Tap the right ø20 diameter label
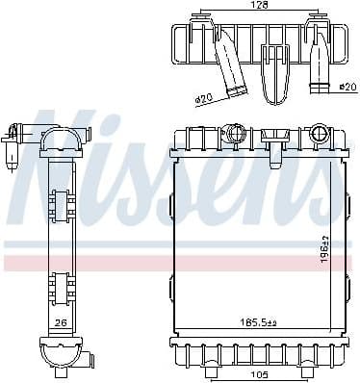[x=347, y=87]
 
